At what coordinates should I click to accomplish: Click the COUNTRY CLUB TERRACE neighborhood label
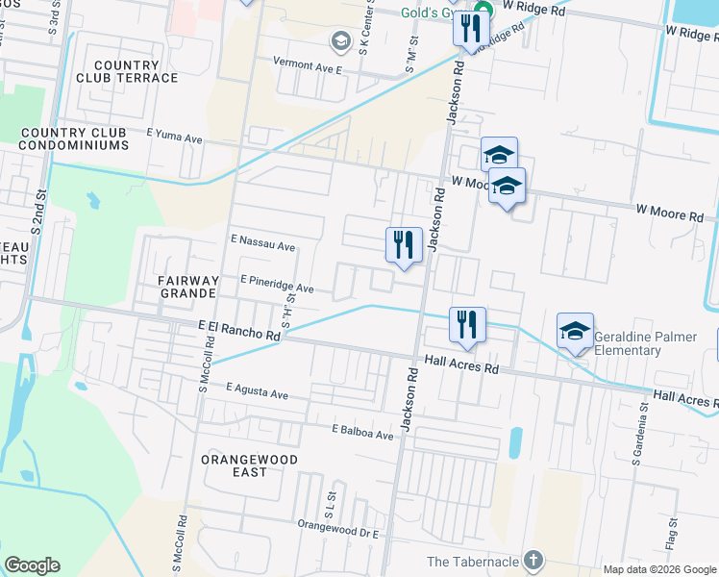136,71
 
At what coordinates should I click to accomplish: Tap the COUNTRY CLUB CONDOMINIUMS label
74,138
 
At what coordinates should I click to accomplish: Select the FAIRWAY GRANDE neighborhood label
189,287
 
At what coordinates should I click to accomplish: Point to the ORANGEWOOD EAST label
249,466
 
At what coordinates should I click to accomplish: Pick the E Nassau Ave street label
262,245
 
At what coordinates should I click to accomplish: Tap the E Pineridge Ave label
277,288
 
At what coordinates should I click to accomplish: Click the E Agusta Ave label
257,392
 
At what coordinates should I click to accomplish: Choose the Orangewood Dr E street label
339,528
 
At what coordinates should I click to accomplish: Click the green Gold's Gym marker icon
483,10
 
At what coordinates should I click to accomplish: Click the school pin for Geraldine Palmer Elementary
575,333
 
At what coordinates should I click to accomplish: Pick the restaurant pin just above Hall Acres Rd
468,325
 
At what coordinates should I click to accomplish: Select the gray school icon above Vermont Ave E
339,40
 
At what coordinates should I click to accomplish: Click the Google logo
33,565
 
